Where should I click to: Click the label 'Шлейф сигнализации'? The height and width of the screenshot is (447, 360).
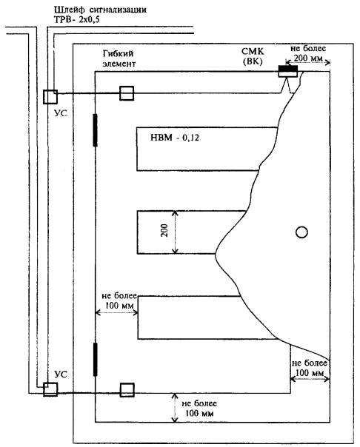[100, 10]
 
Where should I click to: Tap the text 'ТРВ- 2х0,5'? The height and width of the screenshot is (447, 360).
[77, 20]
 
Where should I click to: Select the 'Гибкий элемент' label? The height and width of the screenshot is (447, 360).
[119, 58]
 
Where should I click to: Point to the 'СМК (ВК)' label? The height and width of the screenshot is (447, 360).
[253, 56]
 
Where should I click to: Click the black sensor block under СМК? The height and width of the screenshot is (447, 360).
[288, 69]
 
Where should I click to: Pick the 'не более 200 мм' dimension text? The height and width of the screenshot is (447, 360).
[308, 53]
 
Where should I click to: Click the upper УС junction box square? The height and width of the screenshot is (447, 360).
[50, 97]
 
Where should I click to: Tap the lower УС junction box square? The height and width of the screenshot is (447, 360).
[50, 389]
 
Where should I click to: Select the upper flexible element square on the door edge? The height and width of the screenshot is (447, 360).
[127, 93]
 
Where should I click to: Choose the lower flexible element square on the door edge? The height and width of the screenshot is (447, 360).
[127, 390]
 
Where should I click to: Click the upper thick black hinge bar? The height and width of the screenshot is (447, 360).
[96, 130]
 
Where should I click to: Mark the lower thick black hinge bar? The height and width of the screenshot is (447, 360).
[96, 360]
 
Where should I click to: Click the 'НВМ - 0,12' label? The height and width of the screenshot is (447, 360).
[175, 138]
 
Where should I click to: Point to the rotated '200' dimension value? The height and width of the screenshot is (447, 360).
[164, 230]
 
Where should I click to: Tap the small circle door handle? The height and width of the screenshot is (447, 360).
[301, 232]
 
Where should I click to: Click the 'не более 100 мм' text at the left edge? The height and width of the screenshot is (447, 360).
[119, 300]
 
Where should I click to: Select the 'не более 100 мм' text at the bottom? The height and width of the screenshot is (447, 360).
[199, 408]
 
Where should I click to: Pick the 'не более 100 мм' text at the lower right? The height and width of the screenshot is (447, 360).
[310, 368]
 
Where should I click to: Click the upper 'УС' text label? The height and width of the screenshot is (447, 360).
[61, 113]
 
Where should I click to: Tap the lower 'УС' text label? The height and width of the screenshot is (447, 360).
[61, 374]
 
